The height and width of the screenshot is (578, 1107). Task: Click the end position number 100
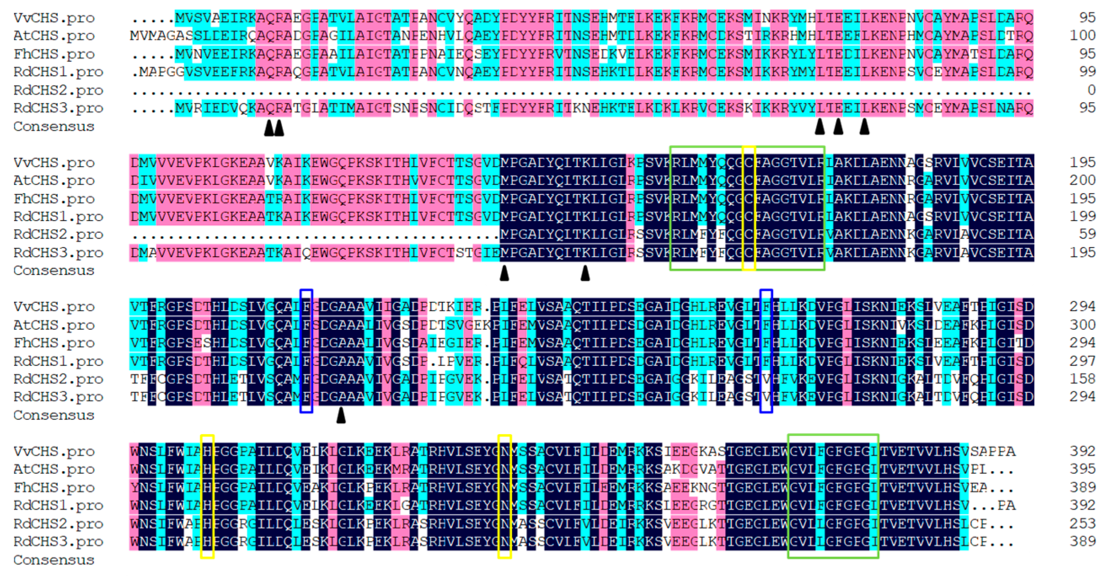tap(1083, 35)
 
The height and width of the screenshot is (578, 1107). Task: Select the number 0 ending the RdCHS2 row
tap(1091, 90)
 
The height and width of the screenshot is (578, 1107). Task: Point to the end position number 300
tap(1083, 325)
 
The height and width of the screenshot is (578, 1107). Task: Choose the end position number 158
tap(1083, 379)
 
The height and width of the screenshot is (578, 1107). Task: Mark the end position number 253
tap(1083, 523)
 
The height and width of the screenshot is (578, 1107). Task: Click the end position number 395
tap(1083, 469)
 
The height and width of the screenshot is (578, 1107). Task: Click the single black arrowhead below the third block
tap(341, 415)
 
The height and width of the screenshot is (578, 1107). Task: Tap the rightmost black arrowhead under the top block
tap(864, 127)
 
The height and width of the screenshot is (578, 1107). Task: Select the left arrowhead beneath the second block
tap(504, 273)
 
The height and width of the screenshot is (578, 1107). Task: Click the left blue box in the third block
tap(306, 351)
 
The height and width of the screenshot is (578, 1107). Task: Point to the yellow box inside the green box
tap(749, 208)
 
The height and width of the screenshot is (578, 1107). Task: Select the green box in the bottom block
tap(833, 496)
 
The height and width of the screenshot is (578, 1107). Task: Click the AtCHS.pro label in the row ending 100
tap(54, 36)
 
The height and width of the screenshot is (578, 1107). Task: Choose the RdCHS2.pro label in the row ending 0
tap(58, 90)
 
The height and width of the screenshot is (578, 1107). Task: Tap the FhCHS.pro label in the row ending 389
tap(54, 487)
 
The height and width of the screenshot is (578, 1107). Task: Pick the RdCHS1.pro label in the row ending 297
tap(58, 361)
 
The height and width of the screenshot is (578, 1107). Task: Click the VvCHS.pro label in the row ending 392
tap(54, 451)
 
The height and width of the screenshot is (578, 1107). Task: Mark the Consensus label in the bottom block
tap(54, 560)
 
